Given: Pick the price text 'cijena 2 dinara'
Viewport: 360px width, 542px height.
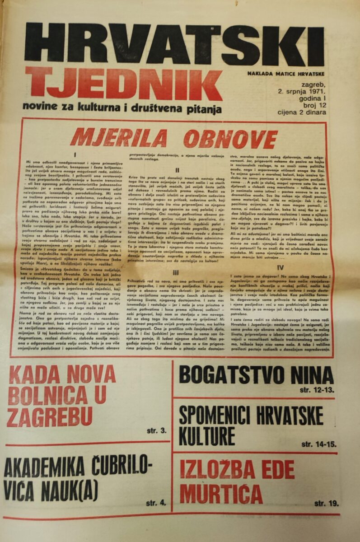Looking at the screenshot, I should point(301,112).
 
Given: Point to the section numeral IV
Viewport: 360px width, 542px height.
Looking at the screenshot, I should point(286,267).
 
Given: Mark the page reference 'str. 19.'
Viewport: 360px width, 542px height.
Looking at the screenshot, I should point(326,503).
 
